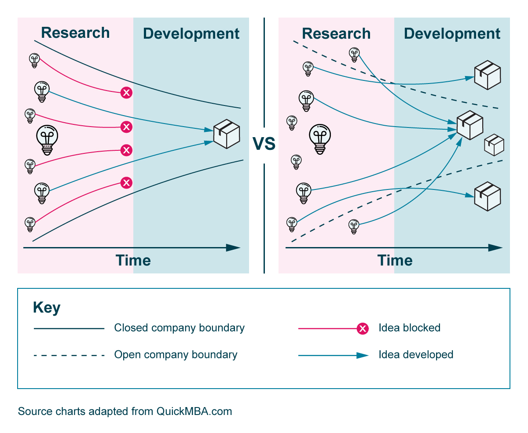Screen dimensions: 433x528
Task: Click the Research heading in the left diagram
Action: click(x=75, y=33)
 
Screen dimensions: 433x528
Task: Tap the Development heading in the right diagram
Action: click(x=452, y=34)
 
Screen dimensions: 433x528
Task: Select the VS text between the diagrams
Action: click(x=264, y=144)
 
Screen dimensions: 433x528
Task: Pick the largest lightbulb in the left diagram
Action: click(x=47, y=140)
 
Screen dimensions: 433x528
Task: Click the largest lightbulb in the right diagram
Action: click(x=320, y=139)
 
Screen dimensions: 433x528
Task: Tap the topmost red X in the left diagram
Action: click(x=126, y=92)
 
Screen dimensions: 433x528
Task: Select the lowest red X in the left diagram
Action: click(x=126, y=182)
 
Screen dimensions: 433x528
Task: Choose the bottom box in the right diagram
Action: click(x=488, y=196)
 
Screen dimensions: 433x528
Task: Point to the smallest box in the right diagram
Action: click(x=494, y=145)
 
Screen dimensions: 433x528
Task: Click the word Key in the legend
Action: click(x=47, y=308)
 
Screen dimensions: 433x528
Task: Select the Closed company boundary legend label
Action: click(x=179, y=328)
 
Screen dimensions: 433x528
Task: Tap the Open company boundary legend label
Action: click(x=176, y=355)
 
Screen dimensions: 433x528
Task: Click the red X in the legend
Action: click(x=363, y=328)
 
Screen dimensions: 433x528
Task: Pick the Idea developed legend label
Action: click(x=416, y=355)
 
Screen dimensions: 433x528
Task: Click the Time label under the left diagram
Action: click(x=133, y=260)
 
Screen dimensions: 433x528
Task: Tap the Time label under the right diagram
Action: click(x=395, y=260)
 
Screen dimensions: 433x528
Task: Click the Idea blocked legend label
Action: click(x=409, y=328)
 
